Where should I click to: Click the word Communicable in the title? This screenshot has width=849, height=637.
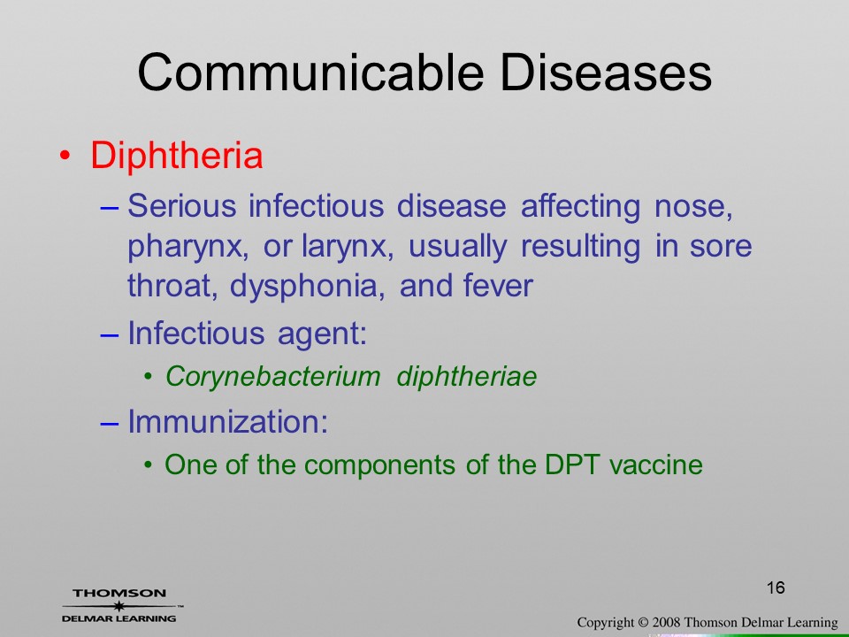(x=310, y=73)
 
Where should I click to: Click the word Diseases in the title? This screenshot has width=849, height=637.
(x=606, y=73)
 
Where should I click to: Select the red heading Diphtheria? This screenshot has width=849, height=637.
(x=177, y=156)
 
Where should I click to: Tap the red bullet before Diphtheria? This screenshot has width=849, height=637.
(x=65, y=156)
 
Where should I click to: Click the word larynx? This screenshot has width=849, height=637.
(x=347, y=248)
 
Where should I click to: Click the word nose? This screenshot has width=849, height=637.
(x=693, y=207)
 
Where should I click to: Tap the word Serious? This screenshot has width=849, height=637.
(x=182, y=206)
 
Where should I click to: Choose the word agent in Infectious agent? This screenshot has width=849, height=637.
(x=322, y=334)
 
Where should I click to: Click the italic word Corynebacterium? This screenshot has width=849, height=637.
(x=273, y=376)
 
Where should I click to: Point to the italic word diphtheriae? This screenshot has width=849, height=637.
(x=467, y=376)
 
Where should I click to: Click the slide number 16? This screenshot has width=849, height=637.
(x=776, y=587)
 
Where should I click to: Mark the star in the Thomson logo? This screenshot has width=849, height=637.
(x=119, y=606)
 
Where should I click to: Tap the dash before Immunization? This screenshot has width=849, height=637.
(x=110, y=423)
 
